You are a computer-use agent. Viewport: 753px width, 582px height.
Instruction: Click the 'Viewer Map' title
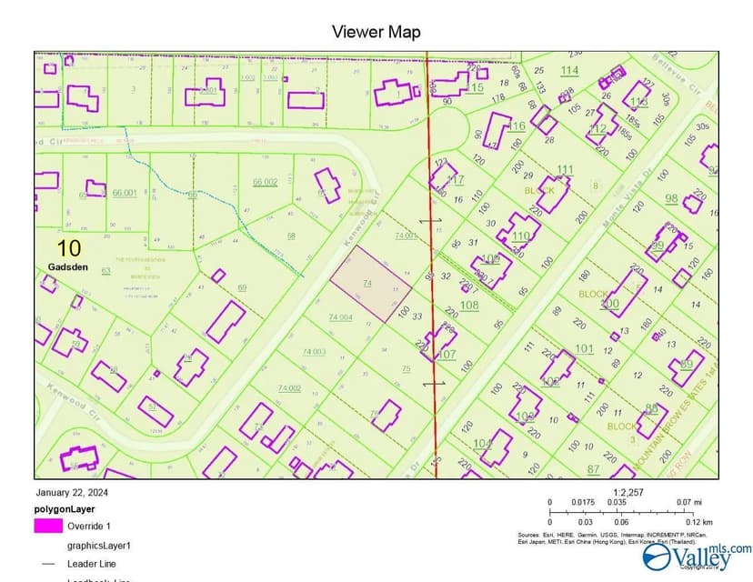point(376,32)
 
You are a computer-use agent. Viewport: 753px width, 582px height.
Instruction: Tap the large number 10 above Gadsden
point(68,248)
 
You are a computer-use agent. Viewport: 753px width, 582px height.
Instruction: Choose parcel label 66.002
point(265,182)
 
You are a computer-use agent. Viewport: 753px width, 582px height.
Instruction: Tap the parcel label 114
point(569,70)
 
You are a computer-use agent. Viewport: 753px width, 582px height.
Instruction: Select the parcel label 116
point(517,125)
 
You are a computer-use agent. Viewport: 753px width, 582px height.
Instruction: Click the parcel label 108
point(469,305)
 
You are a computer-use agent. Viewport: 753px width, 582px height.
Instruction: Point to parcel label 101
point(584,348)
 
